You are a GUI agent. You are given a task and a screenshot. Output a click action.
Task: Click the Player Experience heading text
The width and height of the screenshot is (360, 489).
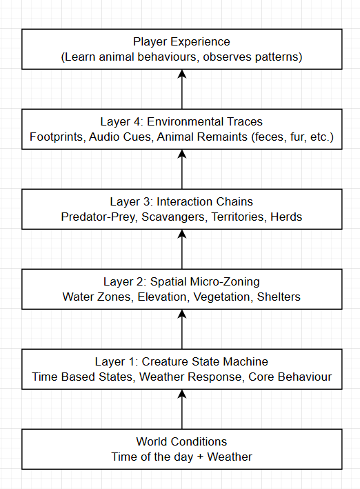[x=181, y=42]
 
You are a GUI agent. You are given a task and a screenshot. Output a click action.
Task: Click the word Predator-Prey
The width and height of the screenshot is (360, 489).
[x=94, y=217]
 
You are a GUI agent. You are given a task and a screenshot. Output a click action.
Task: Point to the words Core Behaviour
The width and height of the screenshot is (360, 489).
[x=290, y=377]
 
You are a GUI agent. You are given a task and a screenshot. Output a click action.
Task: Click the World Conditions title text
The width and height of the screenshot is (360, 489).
[x=181, y=441]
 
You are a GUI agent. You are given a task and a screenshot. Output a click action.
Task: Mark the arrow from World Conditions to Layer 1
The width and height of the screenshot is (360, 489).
[x=181, y=410]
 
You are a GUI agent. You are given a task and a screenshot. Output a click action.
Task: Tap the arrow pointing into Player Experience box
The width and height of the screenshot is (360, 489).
[x=181, y=90]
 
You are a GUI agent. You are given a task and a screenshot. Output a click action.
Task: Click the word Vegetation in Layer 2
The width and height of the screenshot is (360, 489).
[x=222, y=297]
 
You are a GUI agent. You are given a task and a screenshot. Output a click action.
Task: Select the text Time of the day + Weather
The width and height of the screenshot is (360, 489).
[x=181, y=457]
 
